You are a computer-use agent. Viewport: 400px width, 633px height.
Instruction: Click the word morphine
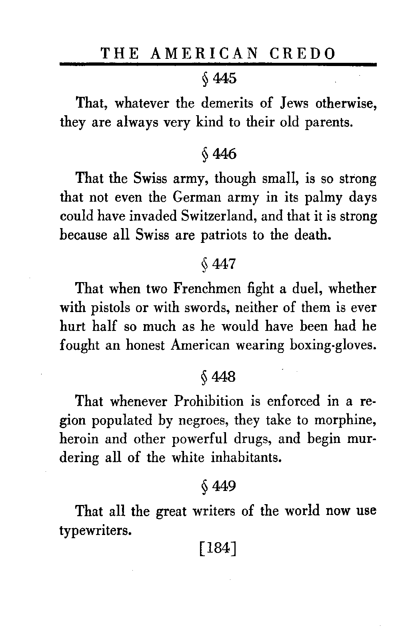tap(345, 421)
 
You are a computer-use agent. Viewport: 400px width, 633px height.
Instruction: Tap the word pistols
tap(115, 308)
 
